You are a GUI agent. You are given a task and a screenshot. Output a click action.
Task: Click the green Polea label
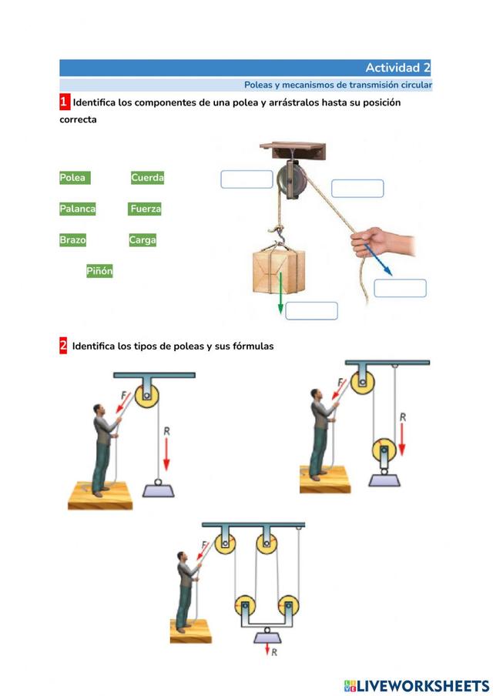pyautogui.click(x=75, y=178)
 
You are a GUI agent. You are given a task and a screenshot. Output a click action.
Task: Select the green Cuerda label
pyautogui.click(x=147, y=178)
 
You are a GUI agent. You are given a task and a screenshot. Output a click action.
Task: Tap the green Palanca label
pyautogui.click(x=78, y=209)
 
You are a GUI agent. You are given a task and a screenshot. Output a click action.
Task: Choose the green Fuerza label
pyautogui.click(x=145, y=209)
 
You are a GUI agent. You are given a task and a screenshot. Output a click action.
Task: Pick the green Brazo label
pyautogui.click(x=73, y=239)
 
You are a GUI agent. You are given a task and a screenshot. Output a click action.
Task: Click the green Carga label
pyautogui.click(x=143, y=239)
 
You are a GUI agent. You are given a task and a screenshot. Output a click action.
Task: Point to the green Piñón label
pyautogui.click(x=99, y=271)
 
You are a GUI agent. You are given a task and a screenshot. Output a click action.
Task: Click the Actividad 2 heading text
pyautogui.click(x=398, y=68)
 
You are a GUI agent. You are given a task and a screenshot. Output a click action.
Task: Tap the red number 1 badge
pyautogui.click(x=65, y=102)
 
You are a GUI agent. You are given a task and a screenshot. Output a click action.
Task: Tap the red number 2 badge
pyautogui.click(x=63, y=346)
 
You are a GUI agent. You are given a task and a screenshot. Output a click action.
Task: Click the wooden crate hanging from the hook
pyautogui.click(x=279, y=271)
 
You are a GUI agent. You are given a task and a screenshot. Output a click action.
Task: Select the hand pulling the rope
pyautogui.click(x=383, y=242)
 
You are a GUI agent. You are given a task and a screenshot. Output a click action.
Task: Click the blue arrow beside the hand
pyautogui.click(x=378, y=259)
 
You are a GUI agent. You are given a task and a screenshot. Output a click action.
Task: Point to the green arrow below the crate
pyautogui.click(x=280, y=293)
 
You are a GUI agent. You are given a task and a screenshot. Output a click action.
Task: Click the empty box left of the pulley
pyautogui.click(x=247, y=179)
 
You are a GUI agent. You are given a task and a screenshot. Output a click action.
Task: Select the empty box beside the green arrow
pyautogui.click(x=311, y=311)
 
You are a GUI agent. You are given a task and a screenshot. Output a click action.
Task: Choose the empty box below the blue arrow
pyautogui.click(x=400, y=288)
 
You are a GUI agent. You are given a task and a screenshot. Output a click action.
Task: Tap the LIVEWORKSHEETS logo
pyautogui.click(x=417, y=686)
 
